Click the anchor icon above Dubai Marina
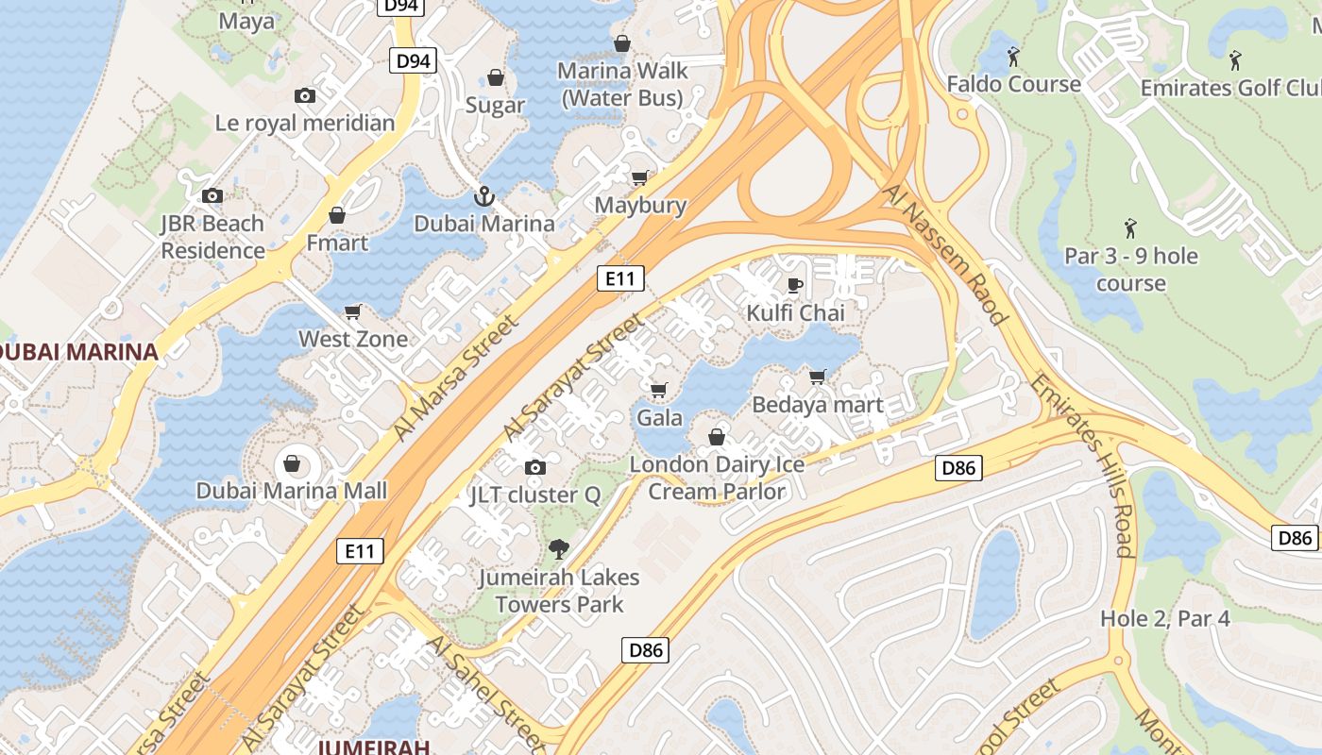click(483, 196)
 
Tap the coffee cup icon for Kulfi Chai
click(795, 285)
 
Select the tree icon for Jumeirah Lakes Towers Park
click(559, 549)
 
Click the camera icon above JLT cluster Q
click(535, 467)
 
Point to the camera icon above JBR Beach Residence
click(212, 195)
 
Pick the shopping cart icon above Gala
click(659, 390)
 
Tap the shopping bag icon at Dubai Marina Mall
click(292, 463)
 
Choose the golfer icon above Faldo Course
click(1013, 57)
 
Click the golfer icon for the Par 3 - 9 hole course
click(1130, 228)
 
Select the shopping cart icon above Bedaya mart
click(818, 377)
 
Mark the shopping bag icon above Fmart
click(337, 215)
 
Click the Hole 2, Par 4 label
click(1164, 619)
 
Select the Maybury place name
click(640, 205)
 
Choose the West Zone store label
click(353, 339)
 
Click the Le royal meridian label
click(305, 123)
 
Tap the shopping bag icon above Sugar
click(496, 77)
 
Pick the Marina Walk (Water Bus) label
click(622, 84)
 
